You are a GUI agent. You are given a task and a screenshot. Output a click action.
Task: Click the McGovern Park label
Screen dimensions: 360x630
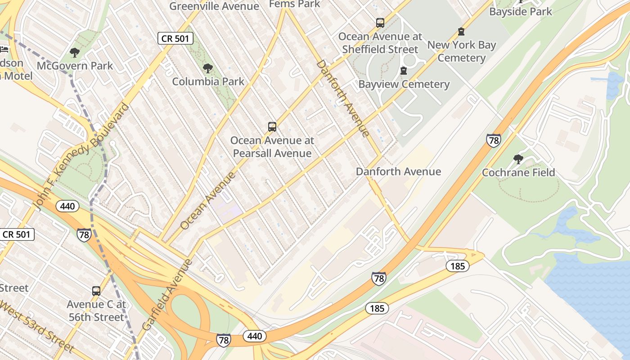coord(75,66)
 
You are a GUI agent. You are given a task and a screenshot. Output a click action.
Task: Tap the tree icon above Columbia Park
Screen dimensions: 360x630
coord(207,69)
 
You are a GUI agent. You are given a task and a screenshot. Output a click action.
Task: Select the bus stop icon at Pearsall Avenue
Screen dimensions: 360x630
coord(272,127)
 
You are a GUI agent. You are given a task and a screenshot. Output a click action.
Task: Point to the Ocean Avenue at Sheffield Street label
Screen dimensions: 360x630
coord(380,43)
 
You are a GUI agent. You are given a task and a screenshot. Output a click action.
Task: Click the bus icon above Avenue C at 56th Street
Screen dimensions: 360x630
coord(96,291)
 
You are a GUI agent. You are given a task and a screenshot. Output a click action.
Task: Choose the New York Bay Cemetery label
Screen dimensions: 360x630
coord(461,51)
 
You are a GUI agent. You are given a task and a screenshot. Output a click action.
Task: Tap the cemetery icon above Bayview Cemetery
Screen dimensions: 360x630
coord(404,71)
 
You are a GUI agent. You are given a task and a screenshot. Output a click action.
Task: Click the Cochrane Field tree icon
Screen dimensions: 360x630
coord(518,159)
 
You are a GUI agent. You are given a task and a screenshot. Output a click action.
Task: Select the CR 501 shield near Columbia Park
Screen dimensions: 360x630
coord(175,39)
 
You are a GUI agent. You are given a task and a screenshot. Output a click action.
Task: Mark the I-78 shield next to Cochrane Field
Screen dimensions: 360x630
coord(494,140)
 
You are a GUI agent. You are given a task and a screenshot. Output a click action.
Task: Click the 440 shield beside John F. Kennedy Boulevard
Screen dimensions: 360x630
coord(67,207)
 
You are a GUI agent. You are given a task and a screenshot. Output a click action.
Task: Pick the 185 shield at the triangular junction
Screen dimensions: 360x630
coord(458,266)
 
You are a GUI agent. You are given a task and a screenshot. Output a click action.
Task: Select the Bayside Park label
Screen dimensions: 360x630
coord(520,12)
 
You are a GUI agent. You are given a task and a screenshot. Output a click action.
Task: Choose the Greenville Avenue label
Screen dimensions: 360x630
coord(214,6)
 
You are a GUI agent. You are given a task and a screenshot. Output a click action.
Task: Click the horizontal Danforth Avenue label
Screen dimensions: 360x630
coord(398,171)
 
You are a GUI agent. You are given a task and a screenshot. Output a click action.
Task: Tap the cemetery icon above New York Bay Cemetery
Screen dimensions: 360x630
coord(461,31)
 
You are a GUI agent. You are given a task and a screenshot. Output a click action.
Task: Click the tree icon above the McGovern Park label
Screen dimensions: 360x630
coord(75,53)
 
